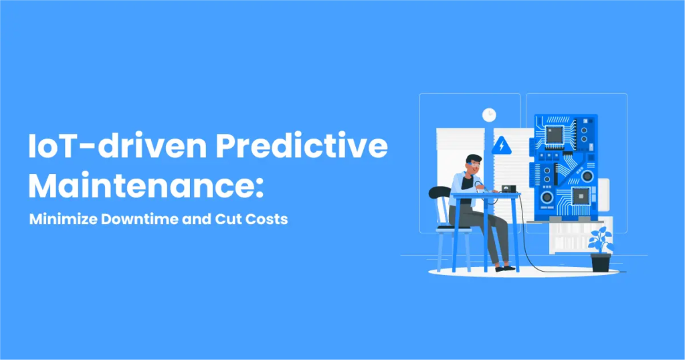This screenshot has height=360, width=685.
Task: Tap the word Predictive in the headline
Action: (302, 145)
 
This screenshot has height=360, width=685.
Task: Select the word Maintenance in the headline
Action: (140, 186)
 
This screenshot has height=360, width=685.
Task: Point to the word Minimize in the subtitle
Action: (64, 219)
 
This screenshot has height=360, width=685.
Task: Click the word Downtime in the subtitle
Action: (140, 219)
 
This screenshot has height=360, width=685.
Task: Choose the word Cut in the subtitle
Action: (228, 219)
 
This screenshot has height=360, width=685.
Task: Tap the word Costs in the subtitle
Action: (266, 219)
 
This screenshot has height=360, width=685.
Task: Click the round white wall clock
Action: (489, 115)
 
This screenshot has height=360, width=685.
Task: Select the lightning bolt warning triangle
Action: (502, 145)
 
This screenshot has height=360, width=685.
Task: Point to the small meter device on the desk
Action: (508, 189)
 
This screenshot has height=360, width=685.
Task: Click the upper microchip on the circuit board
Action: (554, 134)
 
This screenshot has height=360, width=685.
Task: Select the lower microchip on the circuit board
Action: (581, 196)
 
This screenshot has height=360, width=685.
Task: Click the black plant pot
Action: (601, 262)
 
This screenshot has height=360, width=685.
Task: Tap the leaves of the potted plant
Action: (601, 240)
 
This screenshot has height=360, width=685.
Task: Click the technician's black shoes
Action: (506, 268)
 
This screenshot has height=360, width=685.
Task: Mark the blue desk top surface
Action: (486, 195)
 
